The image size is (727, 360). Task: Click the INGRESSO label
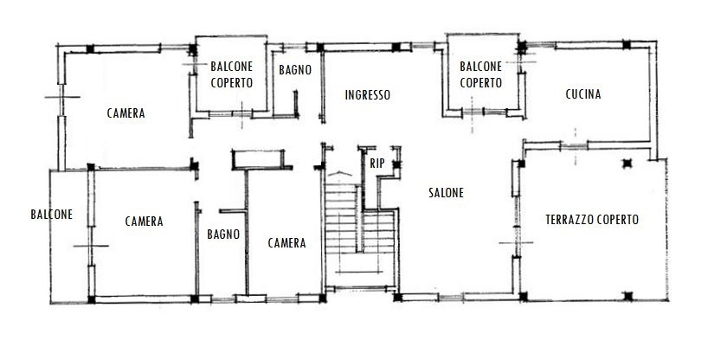coord(368,95)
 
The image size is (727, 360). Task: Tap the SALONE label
coord(446,193)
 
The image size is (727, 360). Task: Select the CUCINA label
coord(583,94)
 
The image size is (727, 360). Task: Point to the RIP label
coord(377,164)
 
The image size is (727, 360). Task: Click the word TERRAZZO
coord(569,220)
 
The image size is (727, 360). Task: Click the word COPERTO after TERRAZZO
coord(618,220)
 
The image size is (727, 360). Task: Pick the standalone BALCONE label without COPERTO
coord(51,215)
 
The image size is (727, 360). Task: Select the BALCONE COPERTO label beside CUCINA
coord(481,74)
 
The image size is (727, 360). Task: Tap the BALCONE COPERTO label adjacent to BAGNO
coord(232,74)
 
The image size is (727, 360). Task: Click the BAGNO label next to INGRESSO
coord(295,70)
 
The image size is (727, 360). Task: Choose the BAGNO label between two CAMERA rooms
coord(223,235)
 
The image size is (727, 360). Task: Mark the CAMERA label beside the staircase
coord(287,243)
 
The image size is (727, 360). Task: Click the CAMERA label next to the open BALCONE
coord(145,222)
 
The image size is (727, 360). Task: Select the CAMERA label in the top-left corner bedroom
coord(126,113)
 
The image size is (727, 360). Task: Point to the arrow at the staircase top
coord(340,173)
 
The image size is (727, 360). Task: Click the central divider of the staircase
coord(359,219)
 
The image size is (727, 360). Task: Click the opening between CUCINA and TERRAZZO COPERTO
coord(575,146)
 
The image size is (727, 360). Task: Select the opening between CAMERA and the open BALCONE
coord(91,246)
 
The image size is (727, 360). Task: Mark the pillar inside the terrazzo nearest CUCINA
coord(627,163)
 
